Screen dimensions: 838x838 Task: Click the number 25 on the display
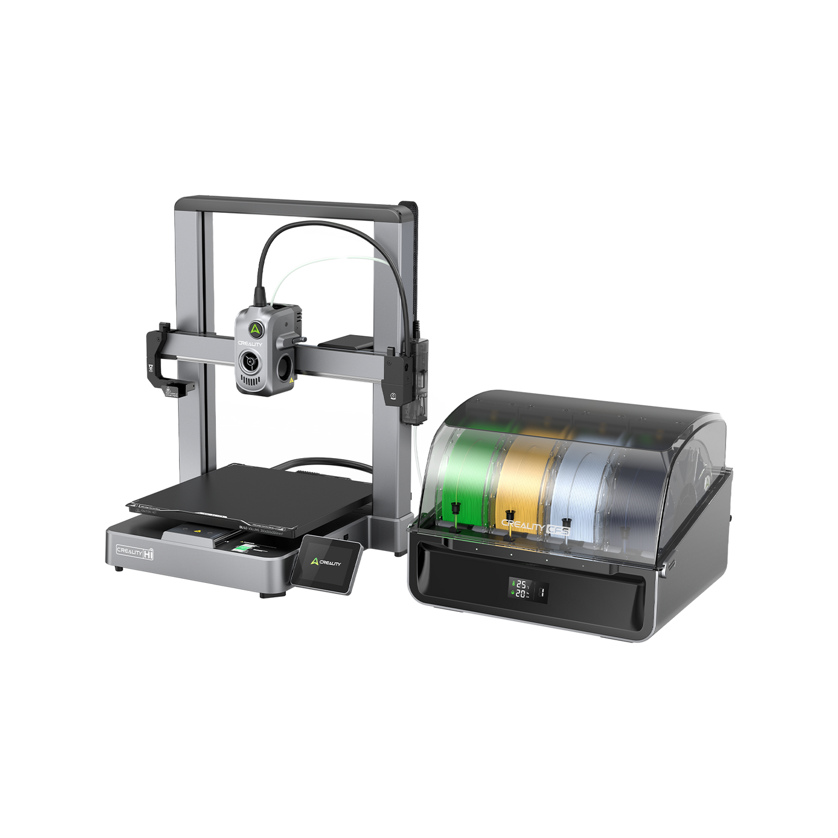pos(521,584)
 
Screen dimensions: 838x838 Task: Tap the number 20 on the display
pos(521,594)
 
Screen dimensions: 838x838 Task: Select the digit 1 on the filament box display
pos(541,593)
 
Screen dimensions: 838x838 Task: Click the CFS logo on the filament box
pos(560,529)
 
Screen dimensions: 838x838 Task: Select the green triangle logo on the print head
pos(255,329)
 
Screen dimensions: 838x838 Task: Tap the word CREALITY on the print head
pos(250,344)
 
